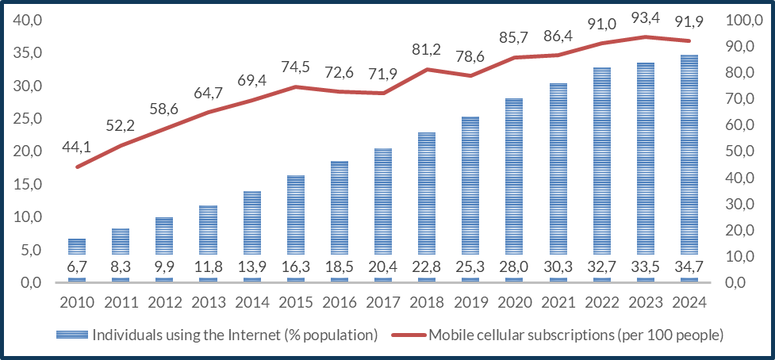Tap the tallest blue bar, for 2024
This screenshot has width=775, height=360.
[x=689, y=159]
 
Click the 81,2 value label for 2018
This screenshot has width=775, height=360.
[x=428, y=49]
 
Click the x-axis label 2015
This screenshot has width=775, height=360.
[x=296, y=301]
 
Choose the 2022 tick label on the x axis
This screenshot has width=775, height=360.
[x=601, y=301]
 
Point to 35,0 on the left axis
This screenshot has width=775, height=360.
[x=29, y=53]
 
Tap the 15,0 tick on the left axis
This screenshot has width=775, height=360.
[x=29, y=184]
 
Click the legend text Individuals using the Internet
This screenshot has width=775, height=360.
[x=235, y=335]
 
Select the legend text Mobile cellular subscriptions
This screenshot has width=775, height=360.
[x=576, y=335]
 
